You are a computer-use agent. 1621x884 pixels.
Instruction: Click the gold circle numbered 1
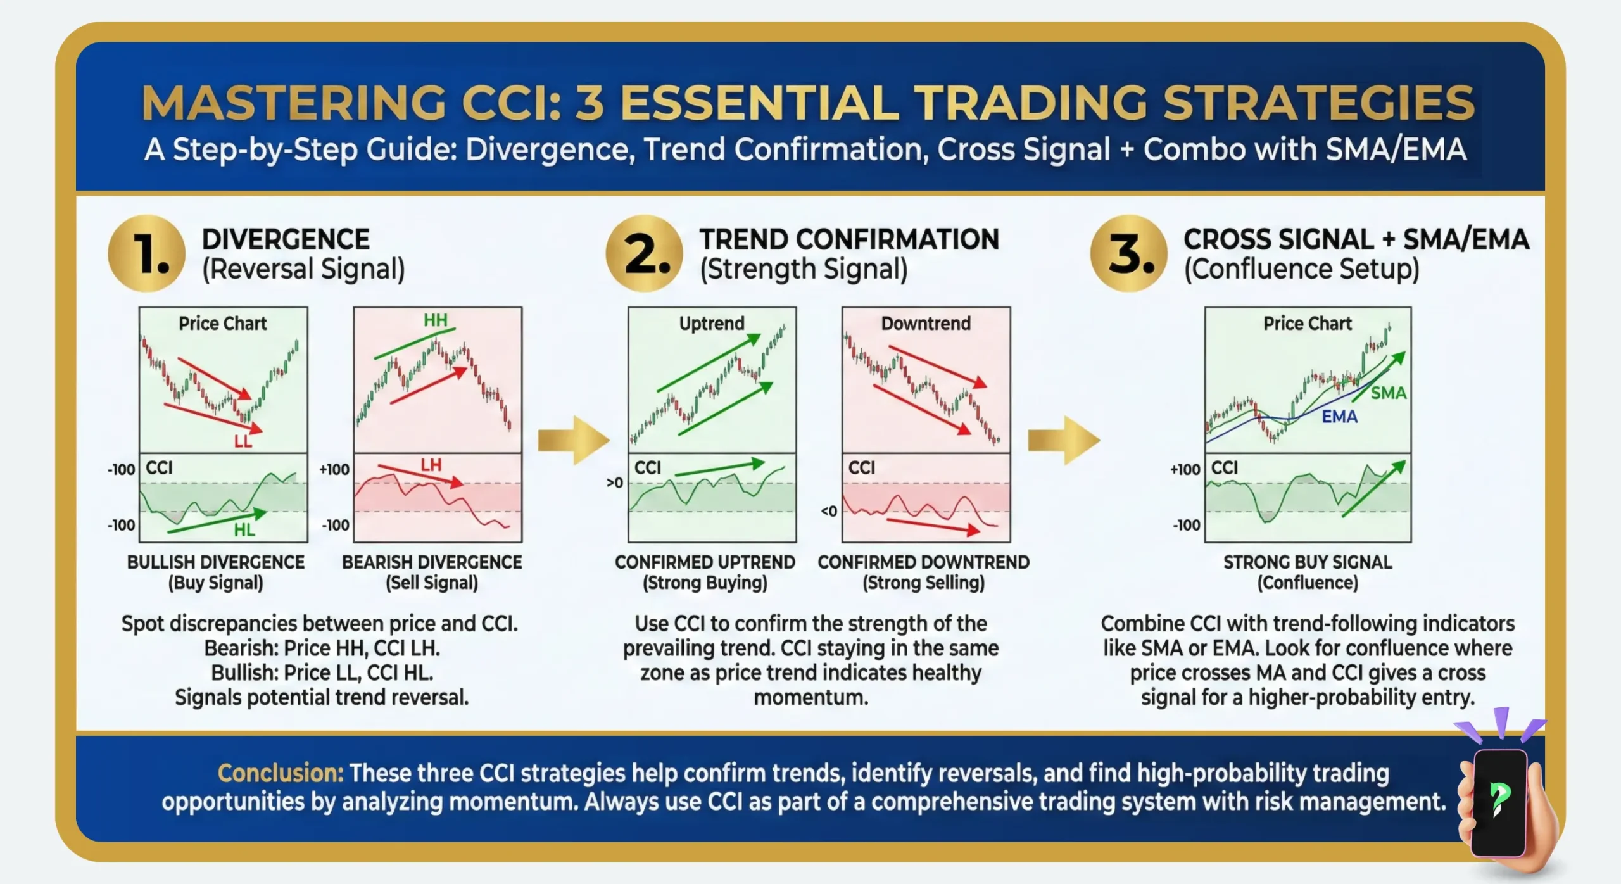(x=147, y=253)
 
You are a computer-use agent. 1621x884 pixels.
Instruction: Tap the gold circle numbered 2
(x=644, y=253)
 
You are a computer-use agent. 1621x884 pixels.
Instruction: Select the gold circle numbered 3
(x=1128, y=253)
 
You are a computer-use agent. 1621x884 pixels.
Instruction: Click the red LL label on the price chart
(x=243, y=441)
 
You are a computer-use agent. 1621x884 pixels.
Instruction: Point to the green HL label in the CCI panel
(x=244, y=530)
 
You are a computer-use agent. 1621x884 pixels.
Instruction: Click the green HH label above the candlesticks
(x=436, y=320)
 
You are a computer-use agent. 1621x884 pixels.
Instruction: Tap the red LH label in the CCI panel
(x=431, y=465)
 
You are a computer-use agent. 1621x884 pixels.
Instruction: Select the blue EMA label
(x=1339, y=417)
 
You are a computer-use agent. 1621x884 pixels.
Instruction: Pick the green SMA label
(x=1388, y=393)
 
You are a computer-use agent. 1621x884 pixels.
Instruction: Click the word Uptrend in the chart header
(x=712, y=324)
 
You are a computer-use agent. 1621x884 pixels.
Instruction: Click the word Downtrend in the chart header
(x=926, y=324)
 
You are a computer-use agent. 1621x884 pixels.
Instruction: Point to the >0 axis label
(x=614, y=483)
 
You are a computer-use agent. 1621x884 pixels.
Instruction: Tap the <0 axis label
(x=829, y=511)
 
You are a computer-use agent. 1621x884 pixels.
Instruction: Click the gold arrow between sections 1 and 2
(x=573, y=440)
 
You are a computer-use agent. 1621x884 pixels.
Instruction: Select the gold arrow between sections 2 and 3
(x=1063, y=440)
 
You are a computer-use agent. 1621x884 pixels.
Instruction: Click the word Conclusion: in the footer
(x=281, y=773)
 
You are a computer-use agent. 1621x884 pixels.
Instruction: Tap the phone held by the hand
(x=1499, y=801)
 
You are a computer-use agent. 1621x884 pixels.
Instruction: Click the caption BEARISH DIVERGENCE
(x=432, y=562)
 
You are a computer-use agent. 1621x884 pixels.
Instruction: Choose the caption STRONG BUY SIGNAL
(x=1308, y=562)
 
